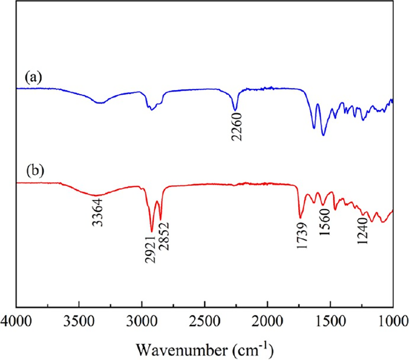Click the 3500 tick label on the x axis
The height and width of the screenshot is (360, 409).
(x=79, y=323)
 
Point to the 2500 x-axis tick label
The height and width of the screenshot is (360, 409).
(x=205, y=323)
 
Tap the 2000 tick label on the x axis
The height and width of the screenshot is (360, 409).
(x=267, y=323)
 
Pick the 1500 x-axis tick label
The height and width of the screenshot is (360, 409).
(x=330, y=323)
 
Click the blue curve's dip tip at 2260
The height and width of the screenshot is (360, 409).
(x=235, y=110)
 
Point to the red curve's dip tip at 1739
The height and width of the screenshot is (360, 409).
(x=300, y=218)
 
